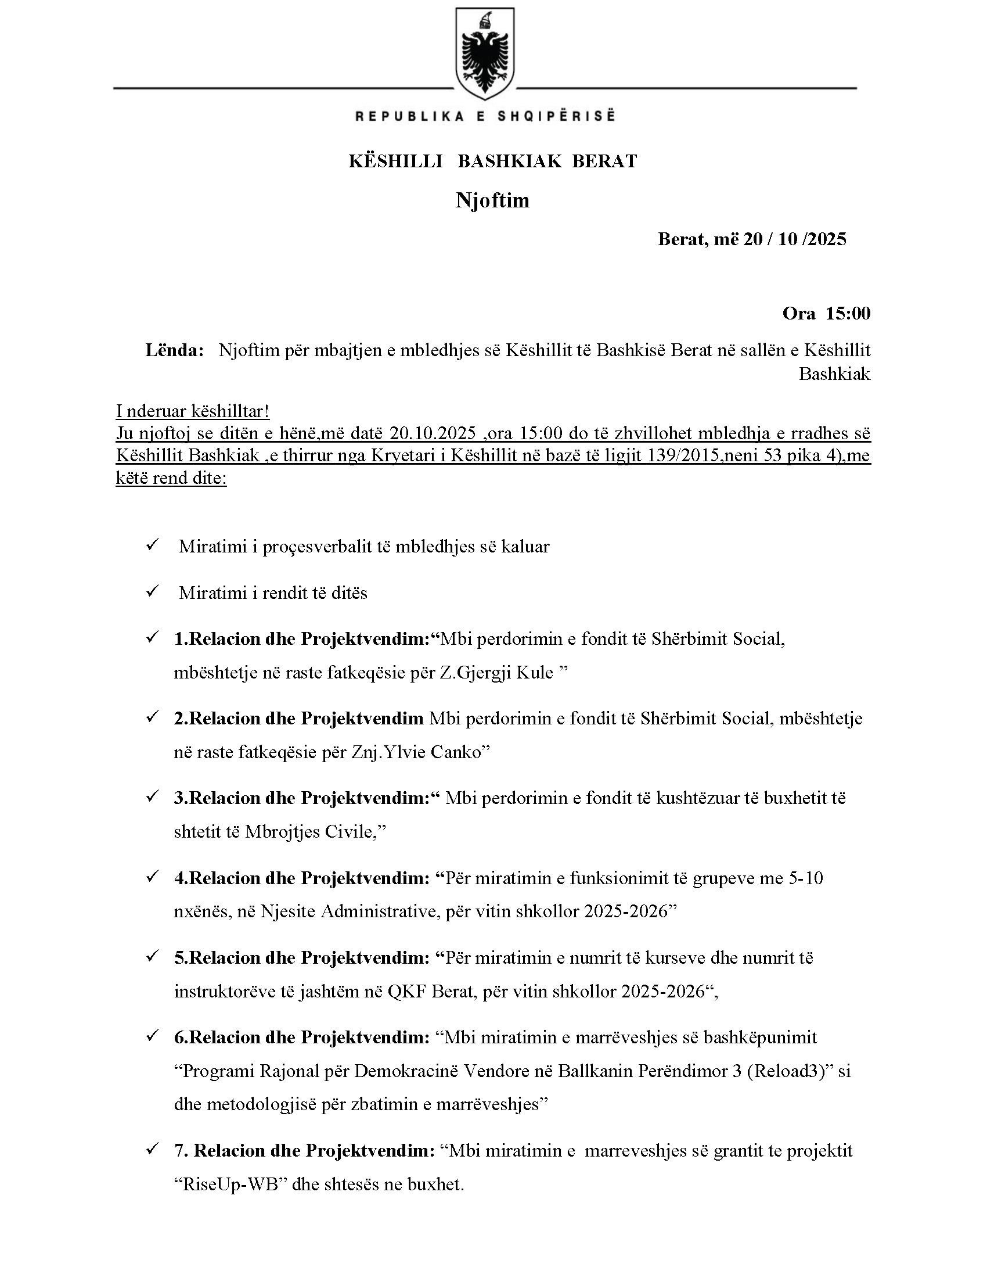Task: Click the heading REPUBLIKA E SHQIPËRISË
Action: (485, 116)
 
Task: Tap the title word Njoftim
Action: (492, 200)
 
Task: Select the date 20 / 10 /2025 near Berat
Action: (795, 239)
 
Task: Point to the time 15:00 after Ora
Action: (848, 314)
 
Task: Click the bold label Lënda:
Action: (174, 350)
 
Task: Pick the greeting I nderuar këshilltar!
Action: (192, 411)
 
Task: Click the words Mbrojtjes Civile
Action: (309, 831)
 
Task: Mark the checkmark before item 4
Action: (153, 877)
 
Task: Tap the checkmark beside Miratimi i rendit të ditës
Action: (153, 592)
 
